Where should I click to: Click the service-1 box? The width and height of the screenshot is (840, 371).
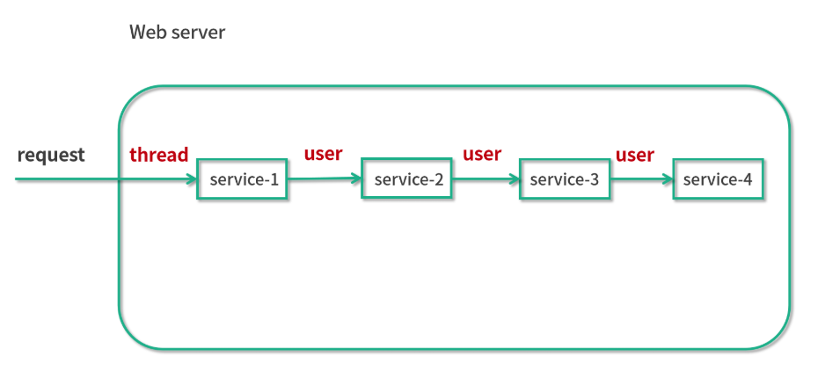click(x=242, y=178)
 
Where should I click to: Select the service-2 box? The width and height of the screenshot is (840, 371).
click(x=406, y=178)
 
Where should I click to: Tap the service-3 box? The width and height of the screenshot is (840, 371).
click(x=565, y=178)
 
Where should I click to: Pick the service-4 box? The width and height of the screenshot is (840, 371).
click(x=718, y=178)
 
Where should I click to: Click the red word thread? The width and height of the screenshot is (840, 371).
click(x=159, y=155)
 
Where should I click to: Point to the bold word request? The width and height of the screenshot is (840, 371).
click(x=51, y=156)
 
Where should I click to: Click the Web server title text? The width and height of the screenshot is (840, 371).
click(x=178, y=33)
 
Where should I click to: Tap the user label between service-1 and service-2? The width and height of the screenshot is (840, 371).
click(x=323, y=154)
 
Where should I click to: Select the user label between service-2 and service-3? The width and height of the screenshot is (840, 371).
click(x=482, y=154)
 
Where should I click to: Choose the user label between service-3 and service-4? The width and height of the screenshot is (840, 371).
click(x=635, y=156)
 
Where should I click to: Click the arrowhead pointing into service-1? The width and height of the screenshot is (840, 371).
click(x=193, y=179)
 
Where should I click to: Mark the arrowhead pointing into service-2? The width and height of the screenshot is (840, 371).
click(x=357, y=178)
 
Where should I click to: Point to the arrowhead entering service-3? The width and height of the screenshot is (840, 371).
click(x=515, y=179)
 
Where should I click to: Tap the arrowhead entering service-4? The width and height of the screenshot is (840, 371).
click(x=668, y=179)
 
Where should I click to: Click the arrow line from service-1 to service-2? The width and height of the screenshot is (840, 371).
click(x=325, y=179)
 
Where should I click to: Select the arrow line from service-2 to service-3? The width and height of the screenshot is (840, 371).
click(x=486, y=179)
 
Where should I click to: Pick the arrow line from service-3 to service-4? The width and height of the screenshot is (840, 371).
click(x=642, y=179)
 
